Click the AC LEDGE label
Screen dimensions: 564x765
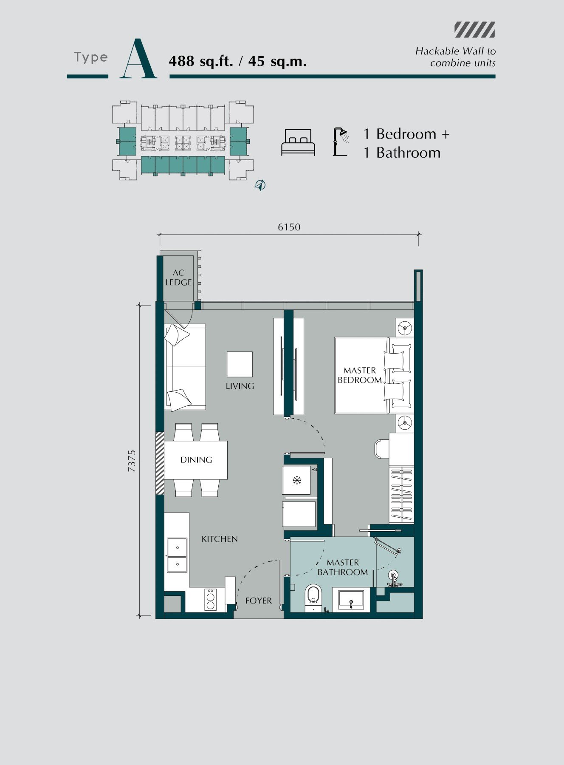pyautogui.click(x=178, y=278)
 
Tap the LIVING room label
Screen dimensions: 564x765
pyautogui.click(x=240, y=386)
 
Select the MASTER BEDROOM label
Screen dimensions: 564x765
pyautogui.click(x=360, y=375)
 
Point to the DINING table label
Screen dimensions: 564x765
pyautogui.click(x=196, y=460)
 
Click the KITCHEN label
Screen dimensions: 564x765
pyautogui.click(x=220, y=539)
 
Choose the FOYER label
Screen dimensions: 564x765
pyautogui.click(x=259, y=601)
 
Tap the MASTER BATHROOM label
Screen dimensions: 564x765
pyautogui.click(x=343, y=567)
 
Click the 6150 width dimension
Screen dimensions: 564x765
pyautogui.click(x=289, y=227)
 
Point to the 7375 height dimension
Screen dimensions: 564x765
pyautogui.click(x=132, y=461)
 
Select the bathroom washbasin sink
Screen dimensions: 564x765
pyautogui.click(x=351, y=600)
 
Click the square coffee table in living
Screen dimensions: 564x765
pyautogui.click(x=240, y=364)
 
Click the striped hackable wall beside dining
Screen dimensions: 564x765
pyautogui.click(x=160, y=463)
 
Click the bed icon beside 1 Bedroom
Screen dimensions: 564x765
pyautogui.click(x=298, y=142)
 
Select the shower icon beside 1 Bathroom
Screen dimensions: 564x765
pyautogui.click(x=341, y=142)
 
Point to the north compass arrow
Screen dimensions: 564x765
pyautogui.click(x=260, y=185)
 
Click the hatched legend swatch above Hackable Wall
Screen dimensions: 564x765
pyautogui.click(x=475, y=30)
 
